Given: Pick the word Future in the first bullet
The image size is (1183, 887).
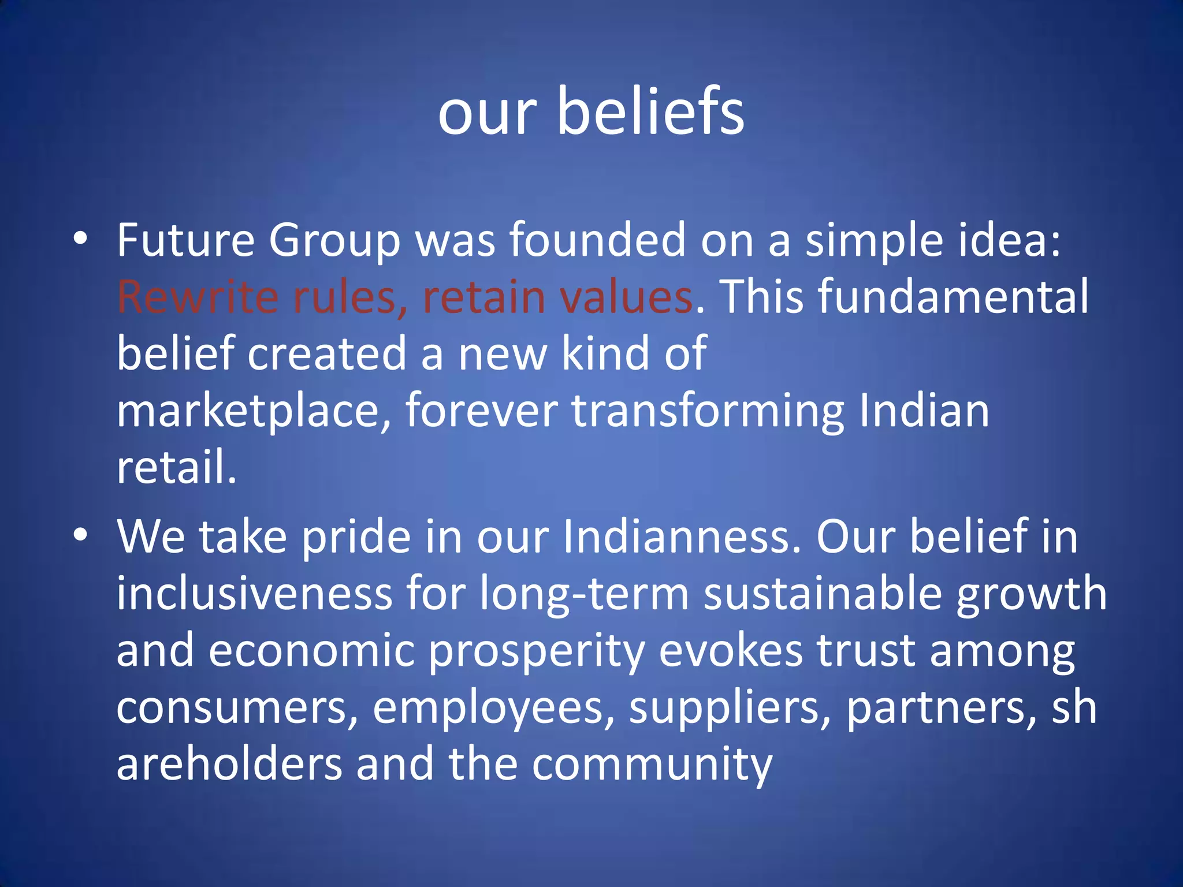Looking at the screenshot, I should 185,240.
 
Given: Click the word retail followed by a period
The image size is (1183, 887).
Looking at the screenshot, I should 177,467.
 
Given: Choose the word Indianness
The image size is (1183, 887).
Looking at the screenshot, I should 682,536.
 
